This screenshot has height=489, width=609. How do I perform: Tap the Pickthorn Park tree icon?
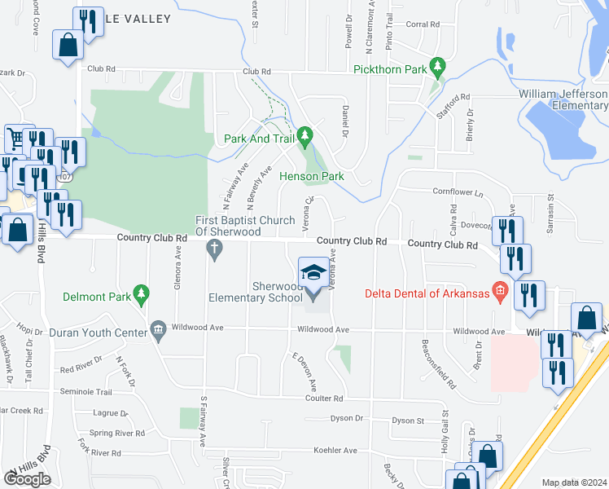438,64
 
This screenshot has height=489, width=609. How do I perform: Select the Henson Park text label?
312,176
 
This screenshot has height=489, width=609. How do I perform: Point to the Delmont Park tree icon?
142,292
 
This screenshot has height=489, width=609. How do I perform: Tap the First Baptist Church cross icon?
215,247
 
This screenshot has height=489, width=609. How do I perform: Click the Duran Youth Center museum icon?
157,328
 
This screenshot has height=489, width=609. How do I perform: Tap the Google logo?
27,478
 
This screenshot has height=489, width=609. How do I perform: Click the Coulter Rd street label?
324,398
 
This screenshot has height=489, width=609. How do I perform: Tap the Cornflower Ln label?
458,193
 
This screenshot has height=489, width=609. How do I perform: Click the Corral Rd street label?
423,24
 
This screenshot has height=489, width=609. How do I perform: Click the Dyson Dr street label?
346,420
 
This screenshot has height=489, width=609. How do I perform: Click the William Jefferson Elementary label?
563,99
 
